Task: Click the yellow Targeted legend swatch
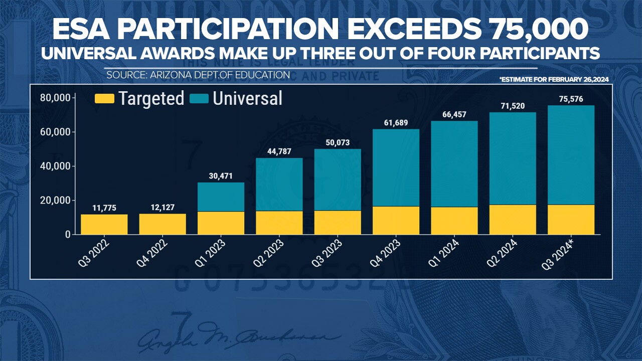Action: click(104, 98)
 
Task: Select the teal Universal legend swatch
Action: click(199, 98)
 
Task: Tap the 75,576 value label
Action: click(571, 99)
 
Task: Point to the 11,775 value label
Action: click(104, 207)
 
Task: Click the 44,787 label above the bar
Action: click(279, 151)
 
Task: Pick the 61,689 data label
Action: click(396, 122)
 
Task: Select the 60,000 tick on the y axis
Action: click(55, 132)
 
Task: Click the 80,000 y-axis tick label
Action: click(55, 98)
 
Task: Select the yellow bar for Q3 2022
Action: click(104, 224)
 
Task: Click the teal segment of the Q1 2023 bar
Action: click(221, 197)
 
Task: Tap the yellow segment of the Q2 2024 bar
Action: click(513, 220)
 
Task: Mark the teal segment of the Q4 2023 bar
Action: click(396, 168)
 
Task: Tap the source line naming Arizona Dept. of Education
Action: click(198, 75)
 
